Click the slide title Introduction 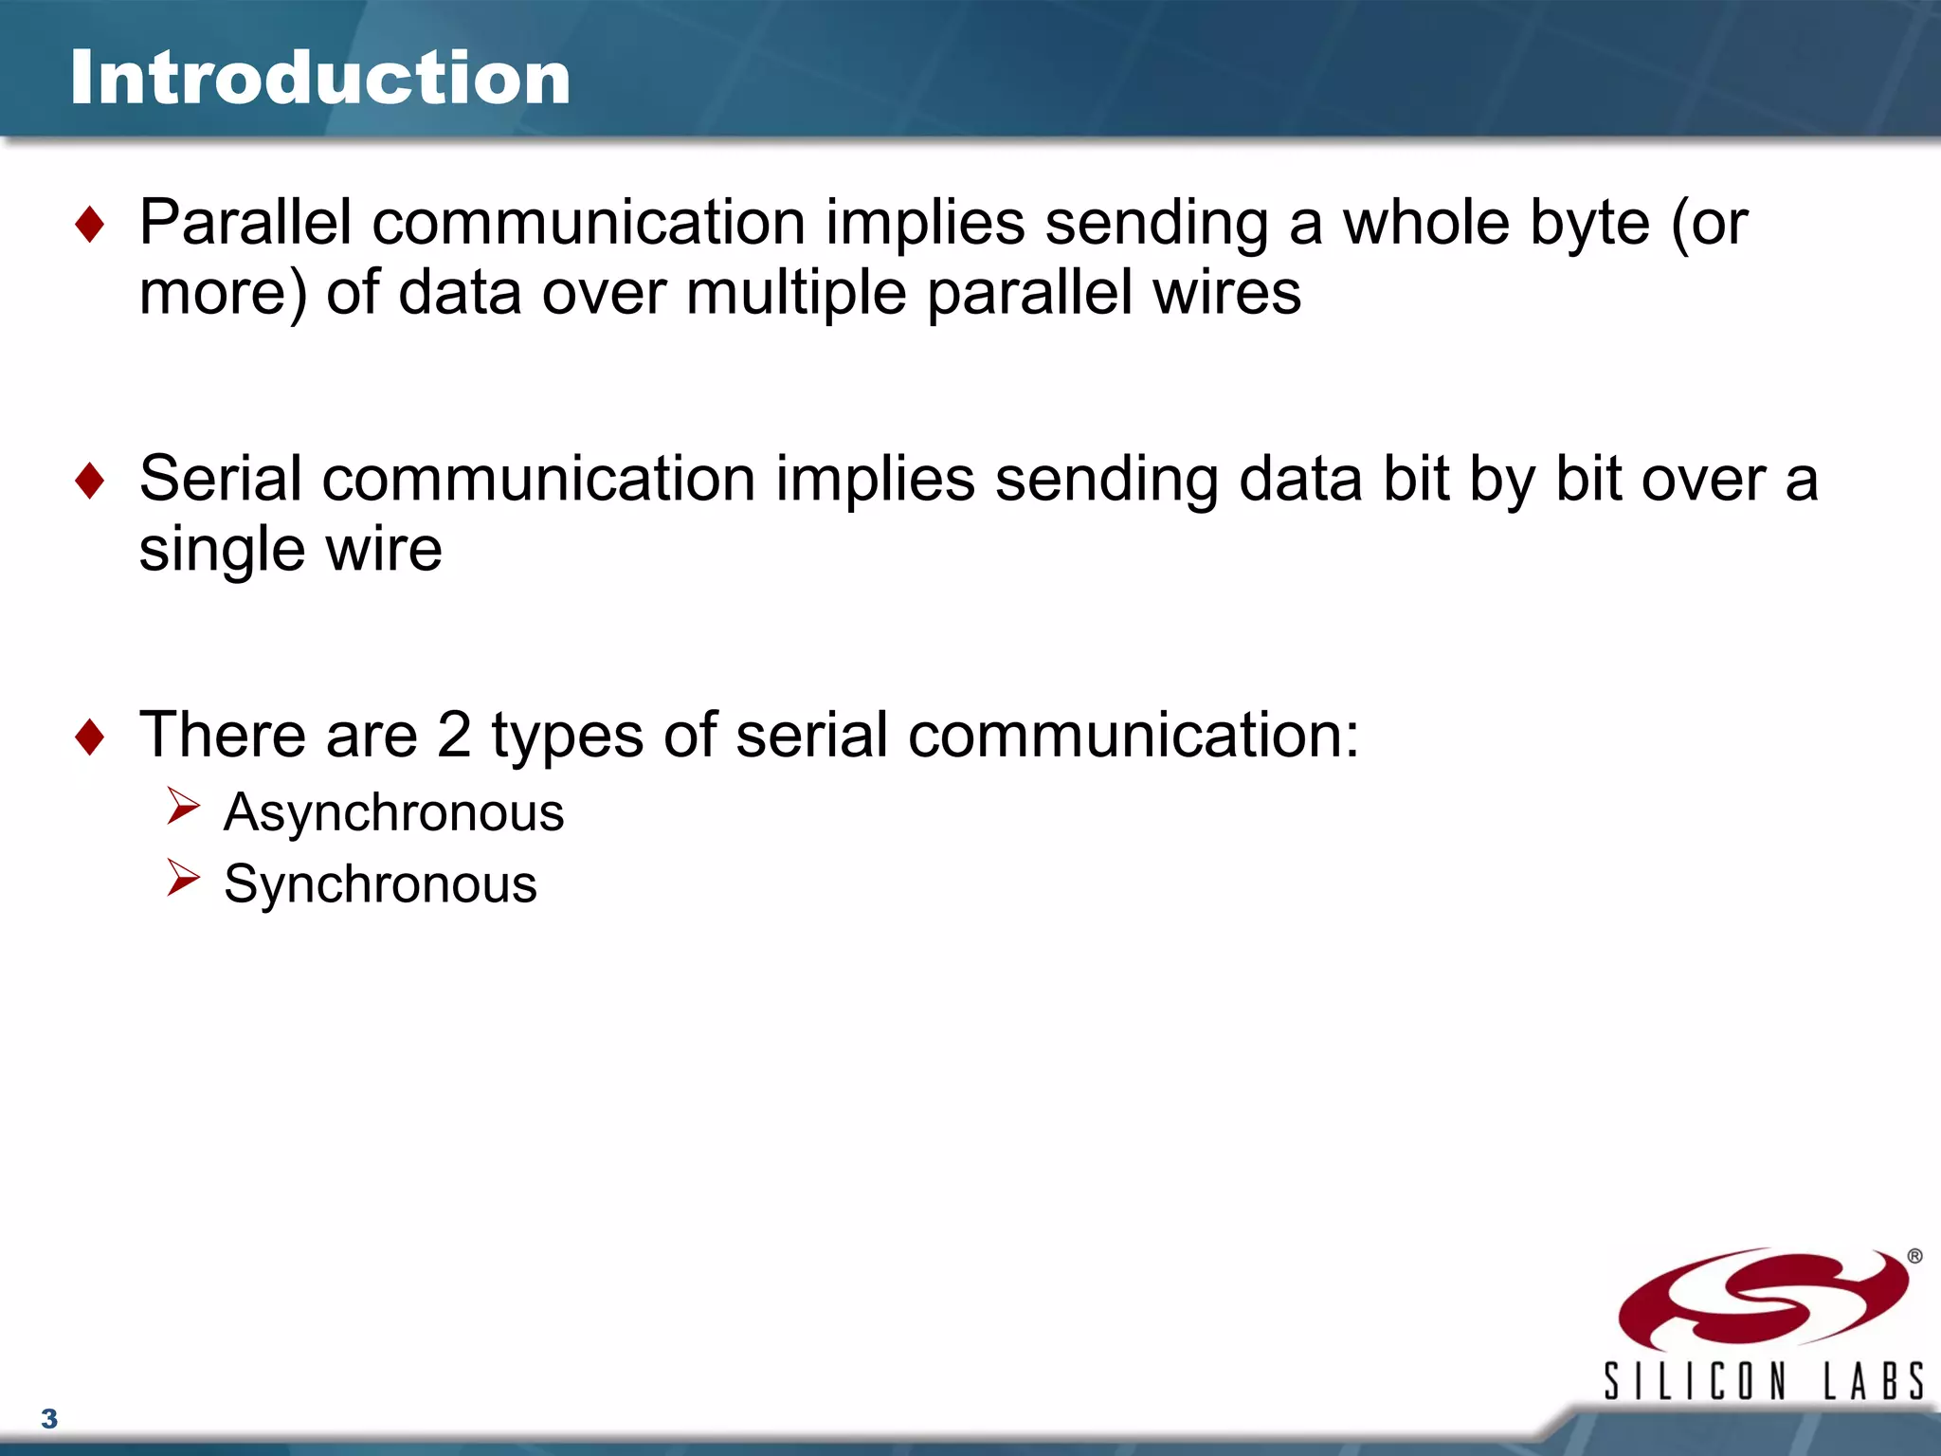(x=320, y=78)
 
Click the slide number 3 (x=49, y=1419)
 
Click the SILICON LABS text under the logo (x=1763, y=1381)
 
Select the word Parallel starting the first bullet (x=245, y=223)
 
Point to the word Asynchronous (x=393, y=813)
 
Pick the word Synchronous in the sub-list (x=380, y=884)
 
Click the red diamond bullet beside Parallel (x=90, y=225)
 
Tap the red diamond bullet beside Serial (x=90, y=481)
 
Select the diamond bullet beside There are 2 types (x=90, y=737)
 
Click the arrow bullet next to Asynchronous (x=183, y=807)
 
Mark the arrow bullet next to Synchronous (x=183, y=878)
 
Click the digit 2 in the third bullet (x=454, y=736)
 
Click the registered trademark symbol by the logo (x=1914, y=1256)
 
